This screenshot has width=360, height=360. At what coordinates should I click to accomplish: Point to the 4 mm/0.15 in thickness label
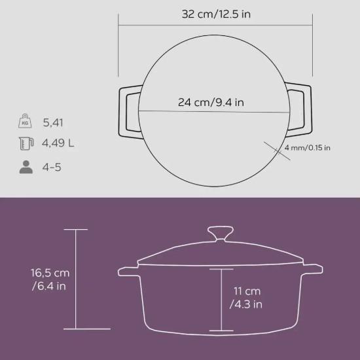click(x=308, y=147)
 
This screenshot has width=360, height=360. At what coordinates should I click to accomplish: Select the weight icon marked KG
click(x=25, y=122)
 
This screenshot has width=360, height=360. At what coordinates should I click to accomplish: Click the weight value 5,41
click(x=53, y=122)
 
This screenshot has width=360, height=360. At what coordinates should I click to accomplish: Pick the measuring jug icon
click(x=25, y=144)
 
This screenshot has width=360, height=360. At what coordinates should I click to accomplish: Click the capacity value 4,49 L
click(x=58, y=144)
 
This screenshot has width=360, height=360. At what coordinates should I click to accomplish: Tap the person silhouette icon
click(x=25, y=167)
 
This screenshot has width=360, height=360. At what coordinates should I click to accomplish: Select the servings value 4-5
click(x=53, y=167)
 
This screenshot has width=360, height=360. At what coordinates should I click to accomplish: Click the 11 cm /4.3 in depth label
click(x=247, y=297)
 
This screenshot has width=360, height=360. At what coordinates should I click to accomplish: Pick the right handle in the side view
click(x=312, y=270)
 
